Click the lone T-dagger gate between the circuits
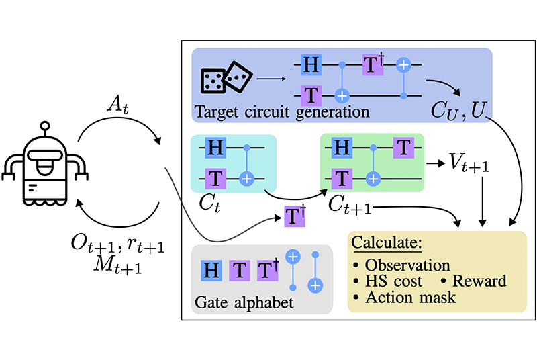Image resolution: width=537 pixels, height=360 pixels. [294, 218]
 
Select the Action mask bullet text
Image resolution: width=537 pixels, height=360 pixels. [411, 296]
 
